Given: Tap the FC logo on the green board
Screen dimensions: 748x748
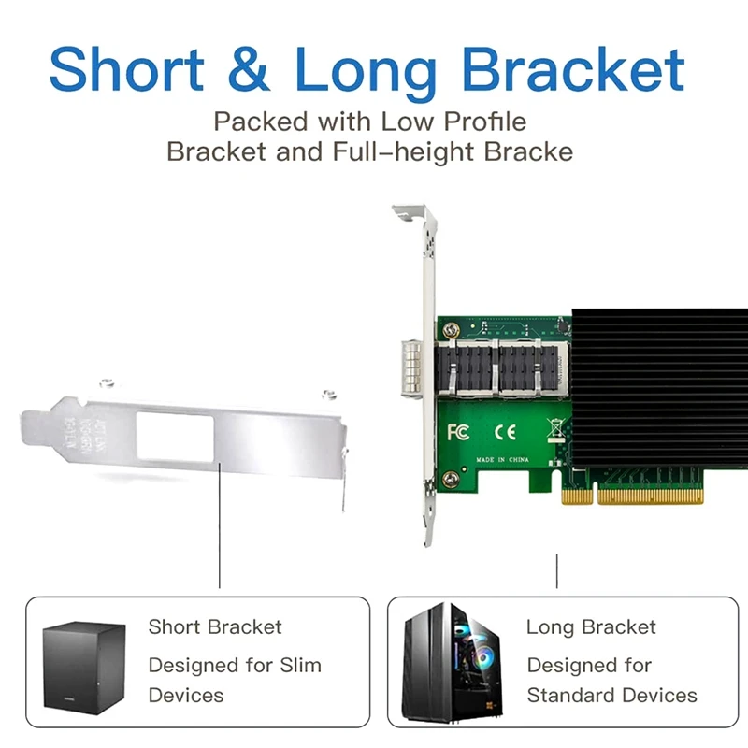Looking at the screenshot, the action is [x=458, y=432].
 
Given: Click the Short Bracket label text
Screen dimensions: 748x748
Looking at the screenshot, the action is [x=214, y=626].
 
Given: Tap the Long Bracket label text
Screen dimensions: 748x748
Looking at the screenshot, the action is [x=591, y=626].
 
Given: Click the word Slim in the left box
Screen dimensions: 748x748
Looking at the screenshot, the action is [x=300, y=666].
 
